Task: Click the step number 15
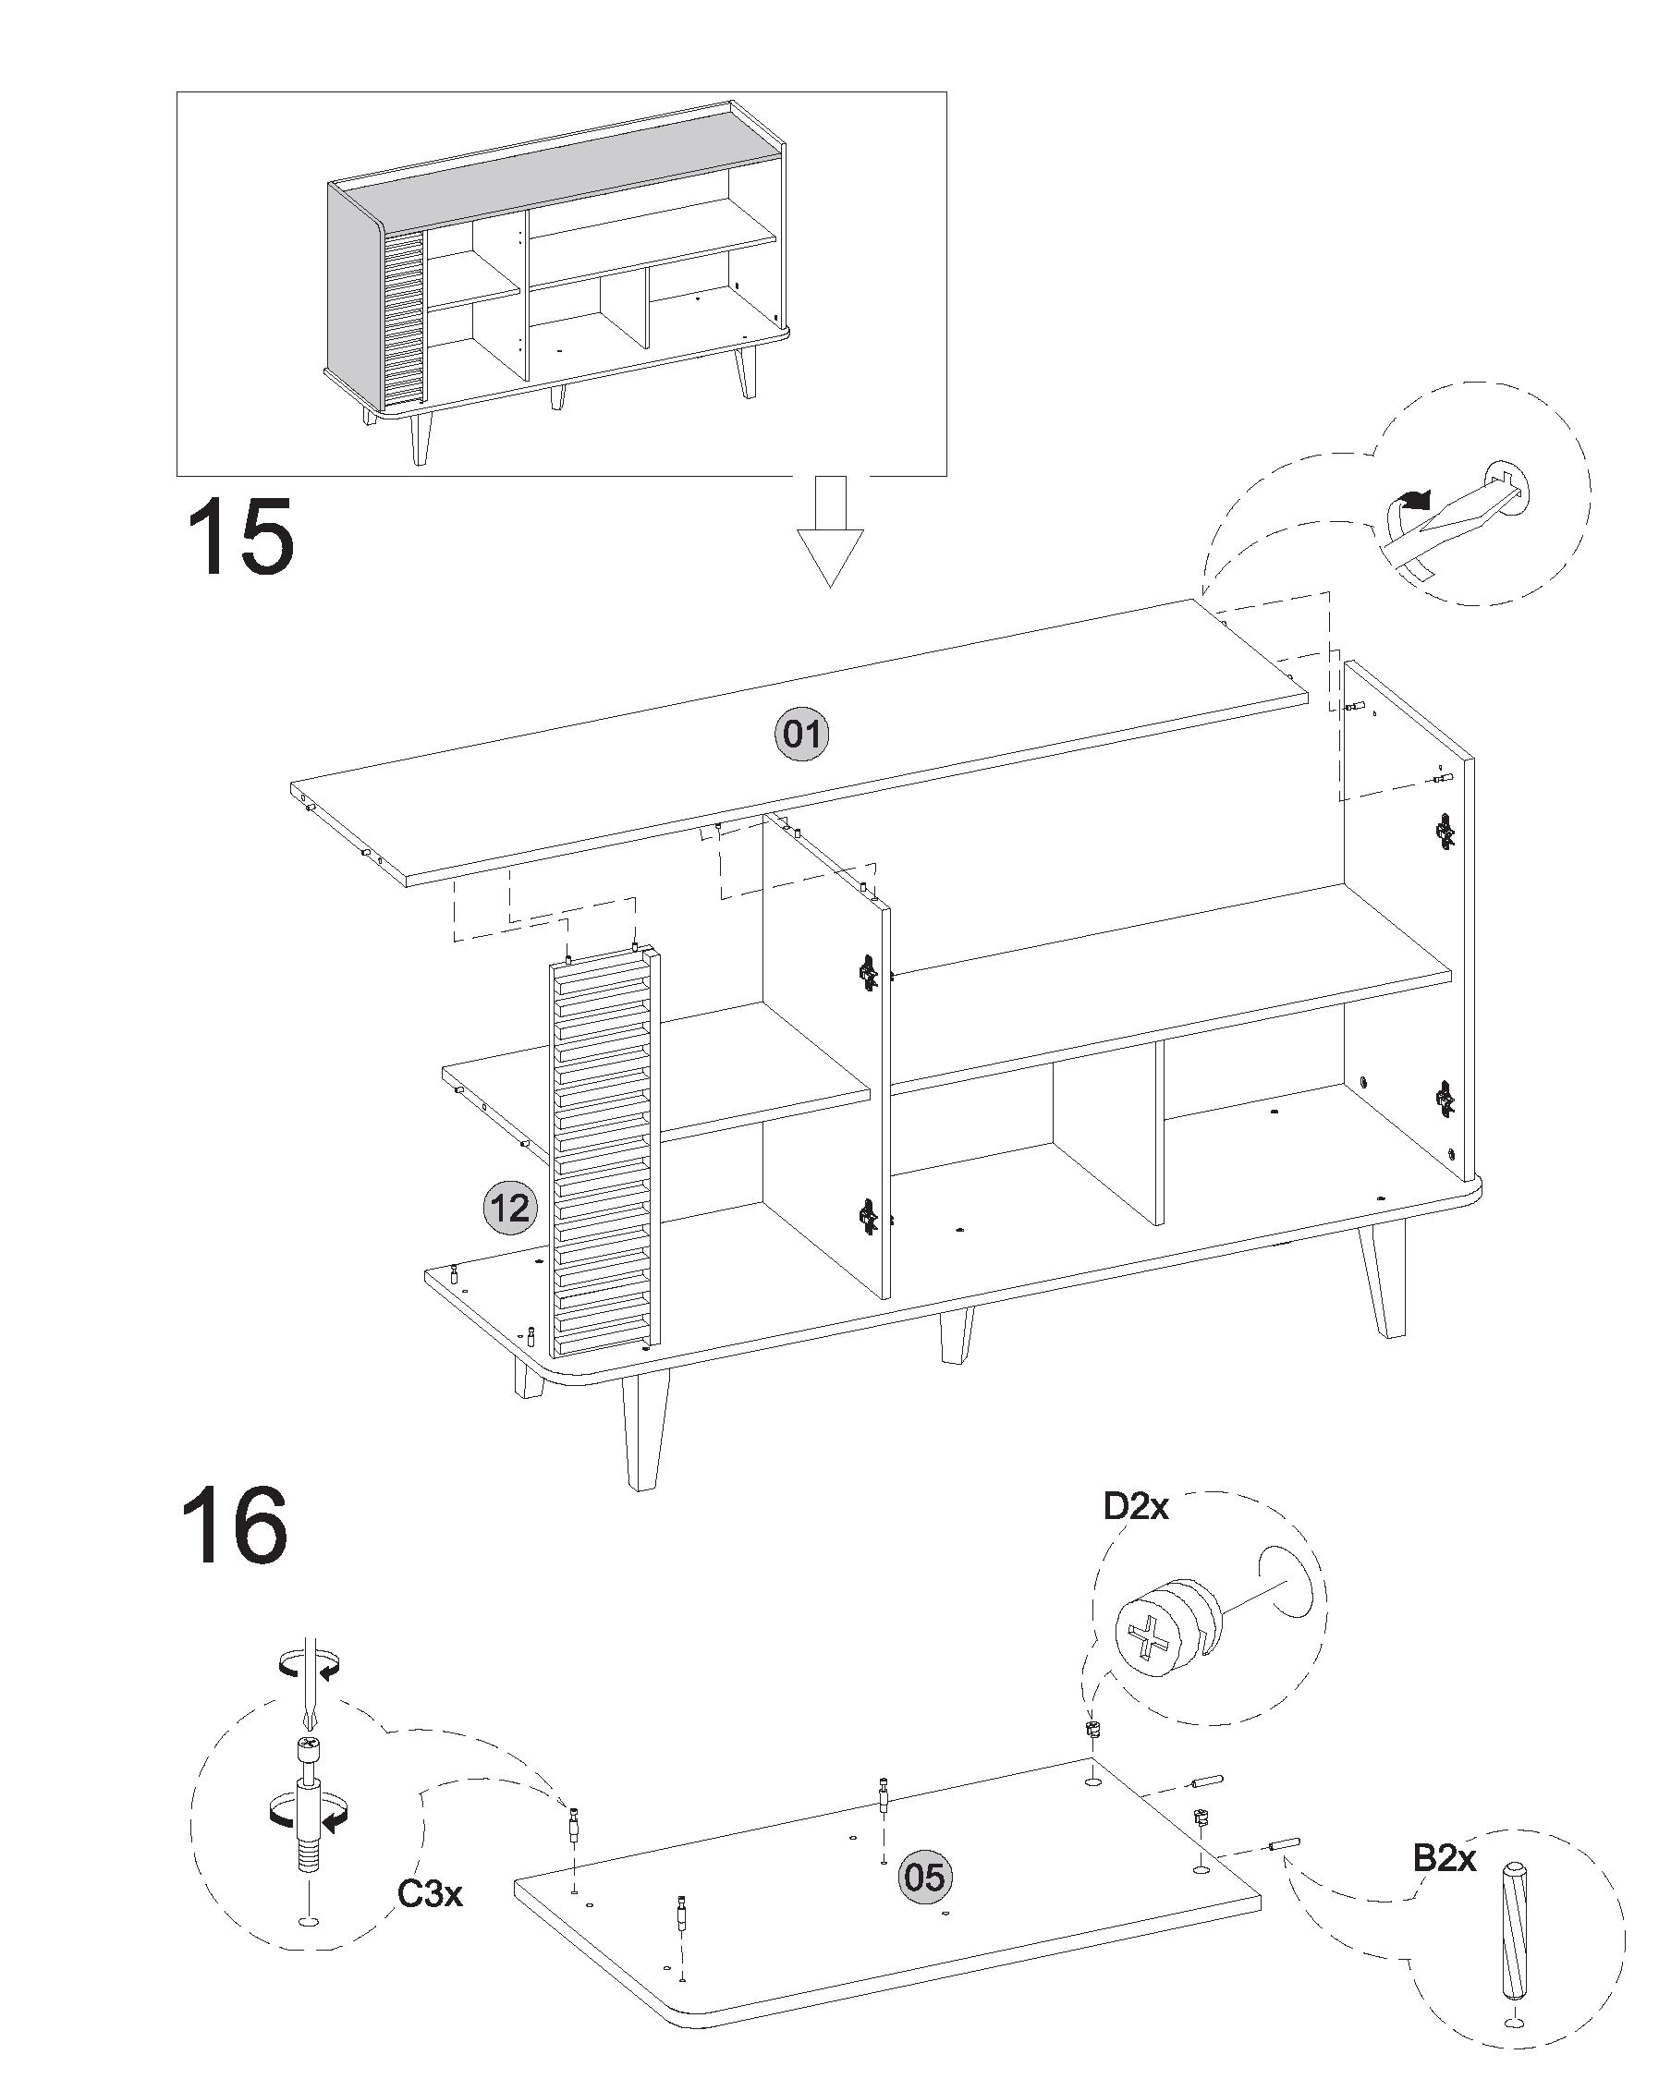tap(239, 536)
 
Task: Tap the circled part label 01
tap(802, 735)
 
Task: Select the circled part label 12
tap(510, 1209)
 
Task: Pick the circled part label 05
tap(924, 1877)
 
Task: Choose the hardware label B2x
tap(1444, 1856)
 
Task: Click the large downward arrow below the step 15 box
tap(830, 531)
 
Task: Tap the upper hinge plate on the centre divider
tap(867, 972)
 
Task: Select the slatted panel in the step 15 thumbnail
tap(406, 316)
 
